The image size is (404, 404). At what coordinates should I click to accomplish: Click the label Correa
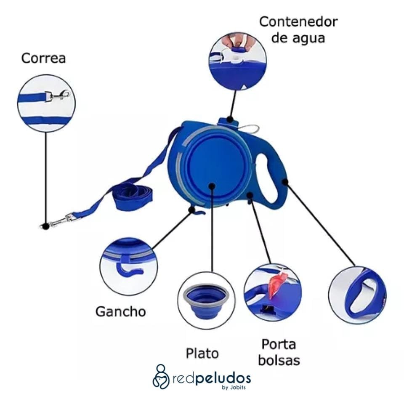click(x=43, y=58)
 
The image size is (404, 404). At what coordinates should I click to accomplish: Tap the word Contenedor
click(x=298, y=22)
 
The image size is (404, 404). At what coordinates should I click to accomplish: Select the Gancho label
click(x=120, y=312)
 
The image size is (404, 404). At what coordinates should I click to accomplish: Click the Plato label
click(x=202, y=353)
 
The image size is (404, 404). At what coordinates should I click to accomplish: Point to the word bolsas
click(x=279, y=360)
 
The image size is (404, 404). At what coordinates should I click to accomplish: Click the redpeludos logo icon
click(x=161, y=376)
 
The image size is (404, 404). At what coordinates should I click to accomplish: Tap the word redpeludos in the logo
click(x=212, y=376)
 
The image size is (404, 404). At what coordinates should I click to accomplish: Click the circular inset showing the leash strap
click(x=46, y=103)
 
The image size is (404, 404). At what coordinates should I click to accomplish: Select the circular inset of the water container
click(x=237, y=61)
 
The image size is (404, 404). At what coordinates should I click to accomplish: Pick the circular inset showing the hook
click(x=129, y=266)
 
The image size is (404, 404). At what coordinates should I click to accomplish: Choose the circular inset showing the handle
click(x=357, y=295)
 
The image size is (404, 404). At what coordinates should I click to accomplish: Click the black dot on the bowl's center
click(x=212, y=186)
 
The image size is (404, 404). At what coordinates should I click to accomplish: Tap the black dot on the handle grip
click(x=285, y=182)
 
